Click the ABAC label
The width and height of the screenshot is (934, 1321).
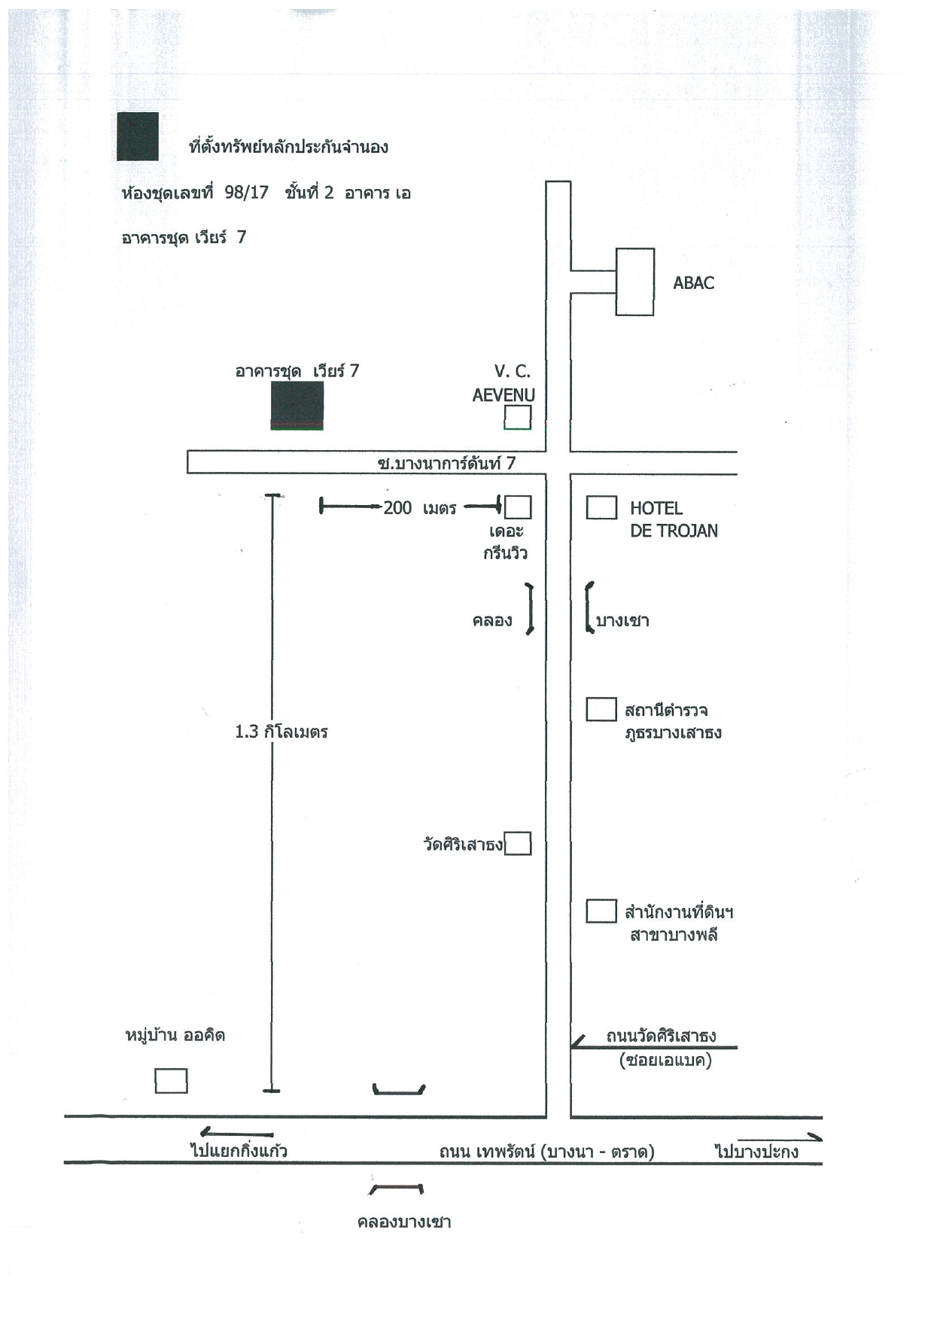(693, 283)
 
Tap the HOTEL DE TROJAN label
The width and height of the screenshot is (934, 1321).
(674, 519)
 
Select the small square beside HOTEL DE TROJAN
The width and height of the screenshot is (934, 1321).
(601, 507)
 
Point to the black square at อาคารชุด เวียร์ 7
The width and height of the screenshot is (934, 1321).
(297, 406)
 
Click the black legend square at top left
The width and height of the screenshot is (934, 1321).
(138, 136)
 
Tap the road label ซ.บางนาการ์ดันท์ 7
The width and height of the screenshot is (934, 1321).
(446, 463)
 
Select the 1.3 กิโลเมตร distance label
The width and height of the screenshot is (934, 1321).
(281, 732)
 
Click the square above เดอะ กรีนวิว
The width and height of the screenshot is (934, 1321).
(517, 507)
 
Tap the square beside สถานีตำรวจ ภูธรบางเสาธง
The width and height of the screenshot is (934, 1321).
(601, 709)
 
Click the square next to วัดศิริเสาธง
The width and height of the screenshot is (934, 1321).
(518, 844)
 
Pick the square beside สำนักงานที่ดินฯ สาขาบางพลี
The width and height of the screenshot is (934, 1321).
(601, 911)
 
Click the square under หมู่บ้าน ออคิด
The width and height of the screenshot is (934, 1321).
(171, 1080)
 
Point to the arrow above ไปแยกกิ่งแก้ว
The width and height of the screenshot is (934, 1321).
(236, 1132)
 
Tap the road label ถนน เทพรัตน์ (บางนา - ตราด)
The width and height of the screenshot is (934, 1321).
(547, 1152)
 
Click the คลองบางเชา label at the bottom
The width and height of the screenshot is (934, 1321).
(404, 1222)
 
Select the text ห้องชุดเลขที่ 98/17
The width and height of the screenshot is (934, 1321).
(195, 193)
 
